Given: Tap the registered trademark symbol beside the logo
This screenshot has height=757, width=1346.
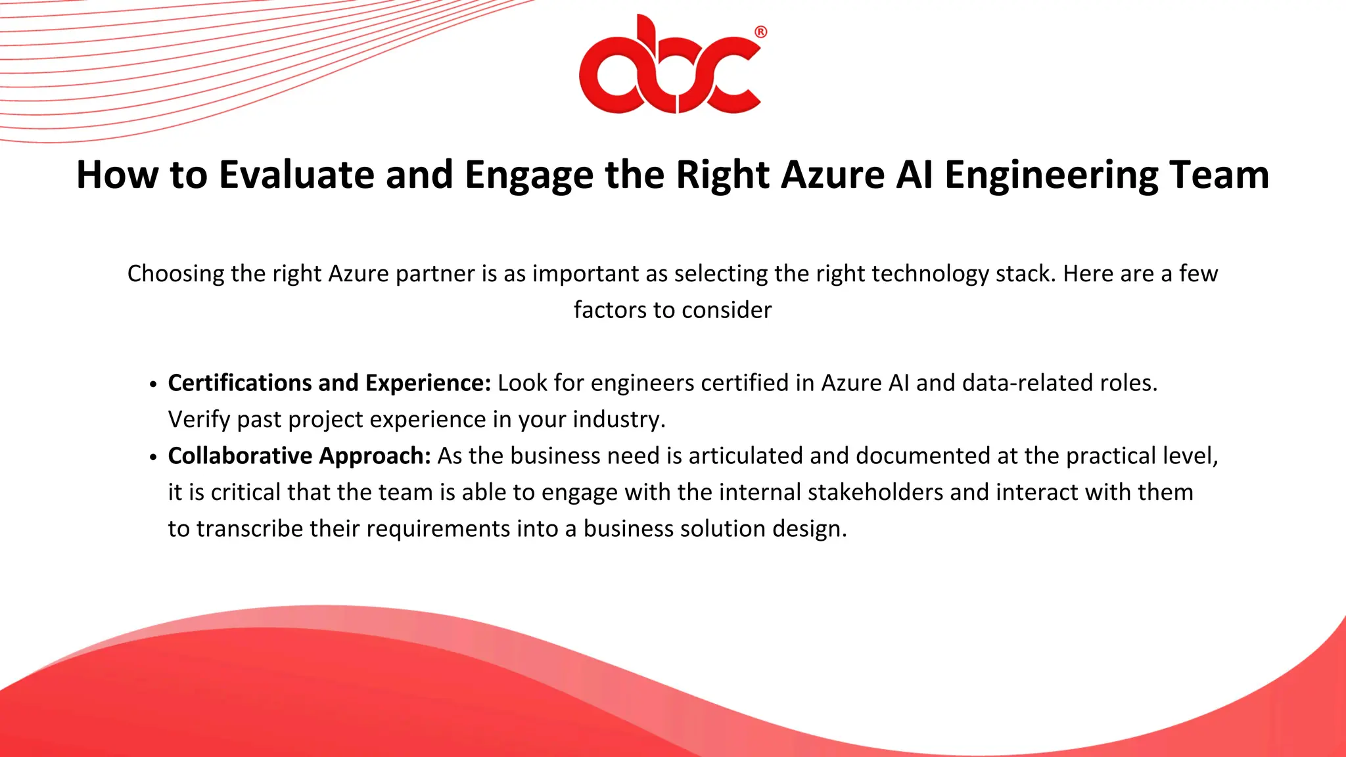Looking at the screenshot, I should point(760,32).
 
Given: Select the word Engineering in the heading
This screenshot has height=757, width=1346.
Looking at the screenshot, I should point(1051,175).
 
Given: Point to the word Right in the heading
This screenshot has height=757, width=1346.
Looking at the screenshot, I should point(723,175).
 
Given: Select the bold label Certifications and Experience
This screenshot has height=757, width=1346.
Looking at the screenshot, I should point(329,383).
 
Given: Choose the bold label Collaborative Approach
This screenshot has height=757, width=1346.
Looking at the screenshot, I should point(299,456).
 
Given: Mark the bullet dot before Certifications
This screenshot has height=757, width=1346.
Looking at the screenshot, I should point(153,384).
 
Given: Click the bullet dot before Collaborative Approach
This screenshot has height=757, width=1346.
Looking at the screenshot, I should point(153,457).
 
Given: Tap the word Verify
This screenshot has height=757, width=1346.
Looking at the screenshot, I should point(199,419).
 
